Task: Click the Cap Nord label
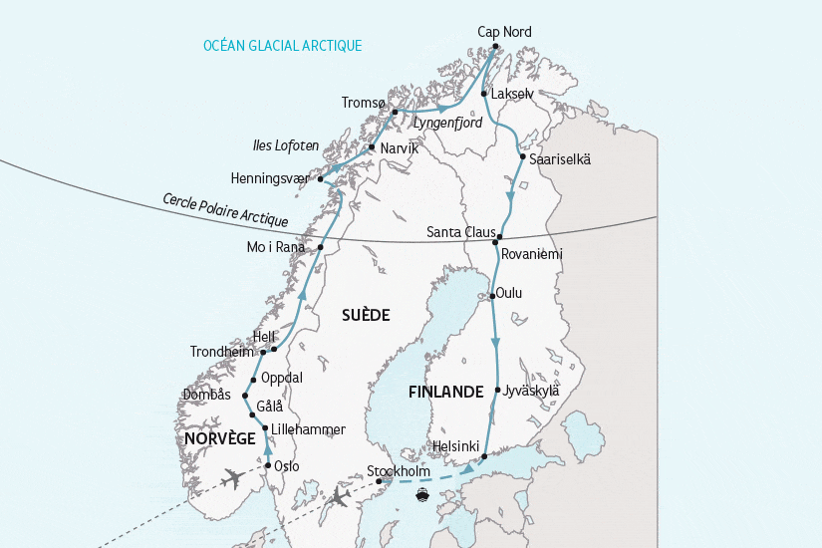pos(504,32)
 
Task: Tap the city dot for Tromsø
pos(396,112)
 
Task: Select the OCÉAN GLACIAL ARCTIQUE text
pos(282,46)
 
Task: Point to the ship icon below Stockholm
pos(422,492)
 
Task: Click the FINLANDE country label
pos(445,393)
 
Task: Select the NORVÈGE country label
pos(219,438)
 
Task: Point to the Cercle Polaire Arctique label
pos(225,210)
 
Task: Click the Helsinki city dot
pos(484,456)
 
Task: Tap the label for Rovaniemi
pos(532,254)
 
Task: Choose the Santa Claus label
pos(459,232)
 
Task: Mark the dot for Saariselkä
pos(522,157)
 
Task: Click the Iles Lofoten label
pos(285,145)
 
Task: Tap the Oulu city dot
pos(491,296)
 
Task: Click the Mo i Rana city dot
pos(322,247)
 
